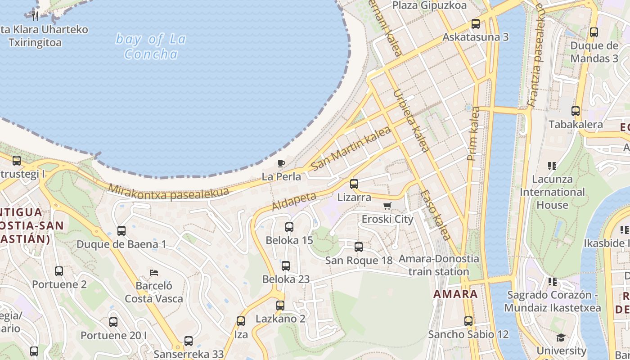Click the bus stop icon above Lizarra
(x=354, y=184)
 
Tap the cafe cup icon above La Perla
(x=281, y=163)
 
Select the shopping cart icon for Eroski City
(x=387, y=206)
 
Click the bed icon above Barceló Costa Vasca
(x=153, y=273)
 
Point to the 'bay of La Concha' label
(x=151, y=47)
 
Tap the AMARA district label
(x=455, y=294)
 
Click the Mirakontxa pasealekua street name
(x=168, y=193)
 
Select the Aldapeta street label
(x=294, y=201)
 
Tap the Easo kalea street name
(x=435, y=215)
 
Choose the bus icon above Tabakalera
(x=576, y=111)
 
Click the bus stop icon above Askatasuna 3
(x=476, y=24)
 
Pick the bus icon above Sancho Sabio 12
(x=468, y=321)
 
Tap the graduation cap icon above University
(x=561, y=337)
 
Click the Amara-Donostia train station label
(x=439, y=265)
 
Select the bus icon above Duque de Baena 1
(x=121, y=231)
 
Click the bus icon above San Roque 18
(x=359, y=247)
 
